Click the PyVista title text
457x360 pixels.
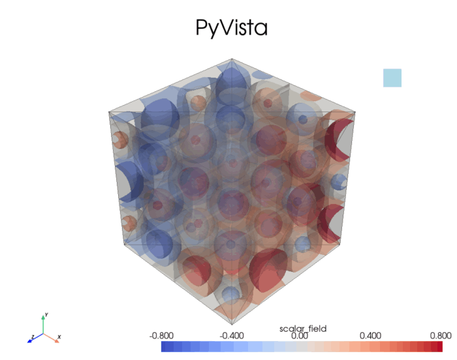[x=232, y=27]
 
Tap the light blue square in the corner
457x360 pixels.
[x=392, y=78]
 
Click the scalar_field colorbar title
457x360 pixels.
[x=303, y=328]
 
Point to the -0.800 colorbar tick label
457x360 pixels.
[x=161, y=336]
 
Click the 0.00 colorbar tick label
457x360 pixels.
[x=299, y=336]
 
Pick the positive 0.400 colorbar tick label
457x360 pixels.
[x=370, y=336]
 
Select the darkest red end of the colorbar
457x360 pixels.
[x=446, y=347]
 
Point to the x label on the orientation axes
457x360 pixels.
[x=59, y=337]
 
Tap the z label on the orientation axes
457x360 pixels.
[x=31, y=338]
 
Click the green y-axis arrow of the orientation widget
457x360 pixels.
[x=44, y=322]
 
